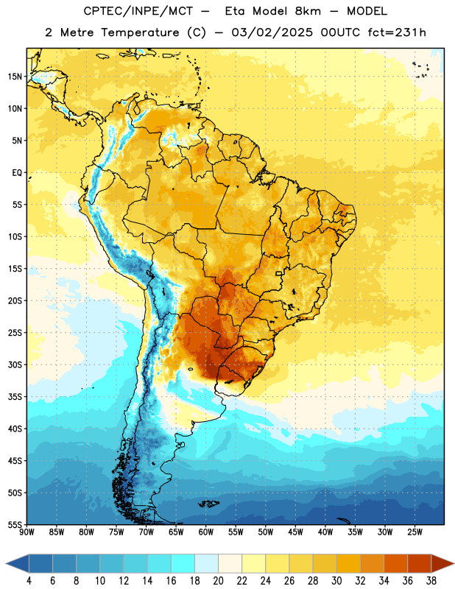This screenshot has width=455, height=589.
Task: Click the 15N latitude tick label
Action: coord(15,77)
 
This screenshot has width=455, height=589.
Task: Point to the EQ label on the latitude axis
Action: coord(17,173)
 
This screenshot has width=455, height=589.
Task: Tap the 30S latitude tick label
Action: coord(15,364)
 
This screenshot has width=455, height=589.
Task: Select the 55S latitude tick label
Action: coord(15,525)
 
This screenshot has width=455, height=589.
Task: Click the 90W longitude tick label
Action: coord(27,532)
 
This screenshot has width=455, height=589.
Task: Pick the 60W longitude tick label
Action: coord(206,532)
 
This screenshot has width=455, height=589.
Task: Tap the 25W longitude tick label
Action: coord(415,532)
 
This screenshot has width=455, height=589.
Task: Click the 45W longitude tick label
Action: coord(296,532)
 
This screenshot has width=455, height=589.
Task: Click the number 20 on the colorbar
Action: coord(218,581)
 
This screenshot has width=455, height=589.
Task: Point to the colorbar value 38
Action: coord(431,581)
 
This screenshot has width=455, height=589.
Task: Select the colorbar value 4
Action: coord(29,581)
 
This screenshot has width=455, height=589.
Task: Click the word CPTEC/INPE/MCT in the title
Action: coord(138,12)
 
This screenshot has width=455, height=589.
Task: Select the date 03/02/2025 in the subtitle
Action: coord(272,32)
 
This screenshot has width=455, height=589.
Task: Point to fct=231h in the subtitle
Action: coord(397,32)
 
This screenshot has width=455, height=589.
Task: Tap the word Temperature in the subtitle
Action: coord(140,33)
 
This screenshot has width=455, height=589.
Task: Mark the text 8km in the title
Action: coord(308,11)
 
